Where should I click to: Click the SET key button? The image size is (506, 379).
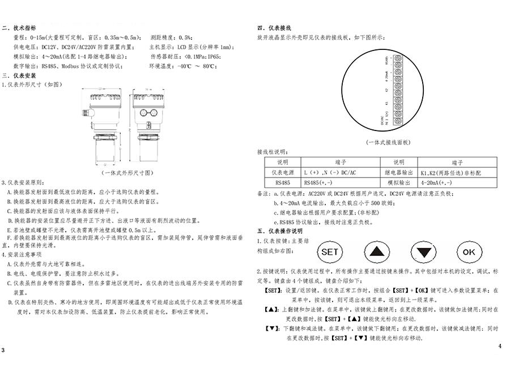(x=330, y=251)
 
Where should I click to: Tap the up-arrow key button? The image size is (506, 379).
(x=377, y=251)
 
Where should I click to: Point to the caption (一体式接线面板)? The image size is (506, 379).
(x=388, y=142)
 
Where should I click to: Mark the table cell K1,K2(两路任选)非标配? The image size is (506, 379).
(x=450, y=172)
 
